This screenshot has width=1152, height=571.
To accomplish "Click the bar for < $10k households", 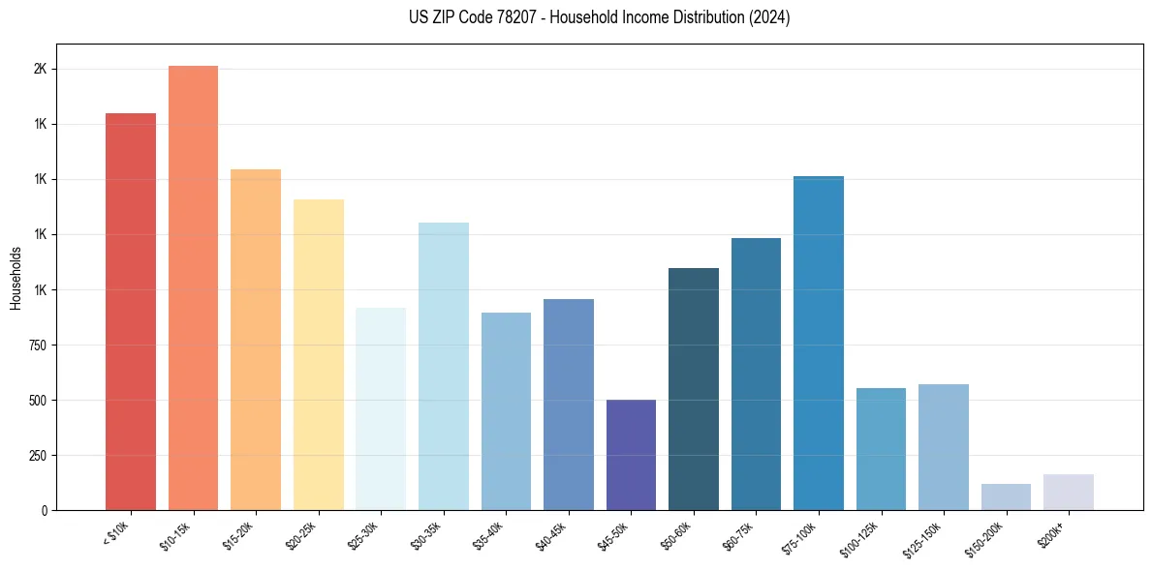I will coord(131,312).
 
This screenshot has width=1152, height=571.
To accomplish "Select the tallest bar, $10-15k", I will coord(193,287).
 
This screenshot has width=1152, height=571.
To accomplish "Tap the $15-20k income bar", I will coord(256,340).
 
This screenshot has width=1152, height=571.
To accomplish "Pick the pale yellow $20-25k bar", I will coord(318,354).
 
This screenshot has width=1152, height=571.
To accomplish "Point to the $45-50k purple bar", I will coord(631,455).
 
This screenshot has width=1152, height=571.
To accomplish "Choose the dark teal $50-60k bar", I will coord(694,389).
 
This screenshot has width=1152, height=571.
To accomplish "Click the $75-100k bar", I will coord(819,343).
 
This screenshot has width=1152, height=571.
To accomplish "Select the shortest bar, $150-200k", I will coord(1006,496).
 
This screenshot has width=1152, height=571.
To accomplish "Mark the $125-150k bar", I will coord(944,447).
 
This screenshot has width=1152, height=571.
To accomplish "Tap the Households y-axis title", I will coord(16,278).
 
